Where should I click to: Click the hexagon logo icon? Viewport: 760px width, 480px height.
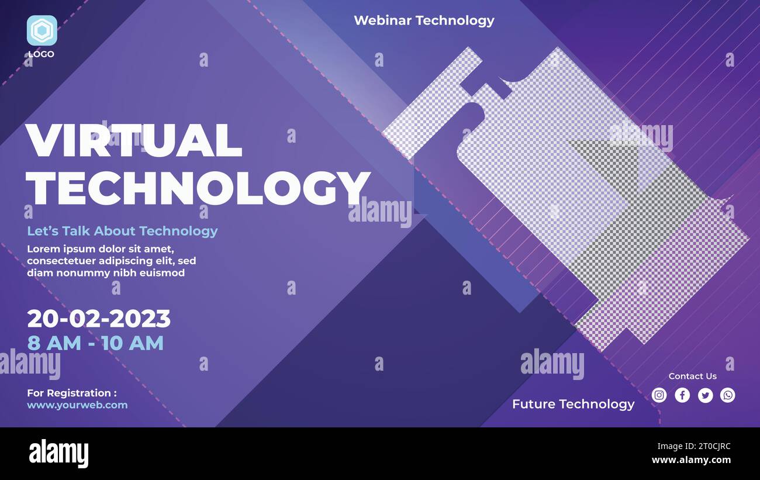42,30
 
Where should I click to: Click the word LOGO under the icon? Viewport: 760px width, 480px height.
41,54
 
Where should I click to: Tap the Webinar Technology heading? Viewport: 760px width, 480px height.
424,20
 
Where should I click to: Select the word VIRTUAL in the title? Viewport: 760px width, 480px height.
134,140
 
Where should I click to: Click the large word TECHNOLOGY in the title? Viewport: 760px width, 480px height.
198,188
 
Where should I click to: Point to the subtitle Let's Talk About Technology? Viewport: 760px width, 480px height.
122,231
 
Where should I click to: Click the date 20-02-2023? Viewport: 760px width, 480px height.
99,319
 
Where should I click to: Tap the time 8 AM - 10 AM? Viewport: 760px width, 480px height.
95,343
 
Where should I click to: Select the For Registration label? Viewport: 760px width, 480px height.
72,393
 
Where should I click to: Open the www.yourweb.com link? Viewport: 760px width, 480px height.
77,405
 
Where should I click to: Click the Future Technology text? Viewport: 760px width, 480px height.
574,405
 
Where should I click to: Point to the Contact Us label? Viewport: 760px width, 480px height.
693,376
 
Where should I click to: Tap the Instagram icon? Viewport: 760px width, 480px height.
659,395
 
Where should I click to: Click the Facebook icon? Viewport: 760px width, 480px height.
682,395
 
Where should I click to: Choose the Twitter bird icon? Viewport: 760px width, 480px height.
706,395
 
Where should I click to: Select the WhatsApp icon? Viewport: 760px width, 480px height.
728,395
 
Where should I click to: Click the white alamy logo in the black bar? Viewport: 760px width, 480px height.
58,453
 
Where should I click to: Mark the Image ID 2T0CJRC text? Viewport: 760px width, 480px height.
694,446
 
